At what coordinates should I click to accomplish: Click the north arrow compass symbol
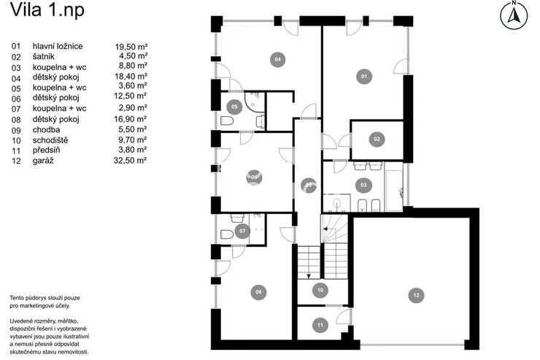(514, 15)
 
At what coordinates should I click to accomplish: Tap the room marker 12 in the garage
(416, 295)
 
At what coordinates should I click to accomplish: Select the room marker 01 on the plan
(364, 77)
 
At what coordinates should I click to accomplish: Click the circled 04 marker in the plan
(277, 59)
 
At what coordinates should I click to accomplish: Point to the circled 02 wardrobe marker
(377, 139)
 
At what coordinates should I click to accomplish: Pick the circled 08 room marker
(258, 292)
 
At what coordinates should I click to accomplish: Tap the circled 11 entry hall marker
(320, 325)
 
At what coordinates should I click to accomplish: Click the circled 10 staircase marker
(320, 290)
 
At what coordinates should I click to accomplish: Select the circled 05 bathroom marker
(234, 107)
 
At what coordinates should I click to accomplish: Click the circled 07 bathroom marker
(242, 231)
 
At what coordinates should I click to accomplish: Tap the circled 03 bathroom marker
(363, 185)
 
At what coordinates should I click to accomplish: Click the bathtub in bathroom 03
(393, 191)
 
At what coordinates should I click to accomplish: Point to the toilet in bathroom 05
(227, 121)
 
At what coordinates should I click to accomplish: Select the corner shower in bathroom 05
(255, 102)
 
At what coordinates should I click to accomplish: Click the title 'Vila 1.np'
(47, 9)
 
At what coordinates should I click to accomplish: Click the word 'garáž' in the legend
(43, 161)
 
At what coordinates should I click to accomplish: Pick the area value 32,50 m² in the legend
(130, 161)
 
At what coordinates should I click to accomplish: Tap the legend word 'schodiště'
(50, 140)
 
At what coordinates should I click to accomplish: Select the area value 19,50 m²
(131, 47)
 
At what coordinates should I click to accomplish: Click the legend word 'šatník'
(43, 56)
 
